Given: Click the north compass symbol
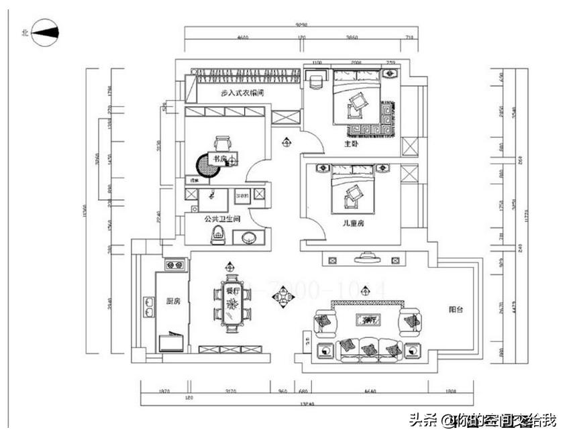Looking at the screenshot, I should tap(44, 32).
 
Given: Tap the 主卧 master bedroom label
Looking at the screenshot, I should tap(352, 144).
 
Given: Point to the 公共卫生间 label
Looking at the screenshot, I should tap(223, 219).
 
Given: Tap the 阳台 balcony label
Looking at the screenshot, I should tap(456, 310).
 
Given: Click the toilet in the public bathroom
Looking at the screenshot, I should tap(217, 235).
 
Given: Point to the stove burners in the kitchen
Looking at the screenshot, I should tap(176, 266).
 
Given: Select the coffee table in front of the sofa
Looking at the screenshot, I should tap(367, 321).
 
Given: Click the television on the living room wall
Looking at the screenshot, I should tap(367, 256).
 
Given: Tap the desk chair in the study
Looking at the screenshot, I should tap(223, 143).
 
